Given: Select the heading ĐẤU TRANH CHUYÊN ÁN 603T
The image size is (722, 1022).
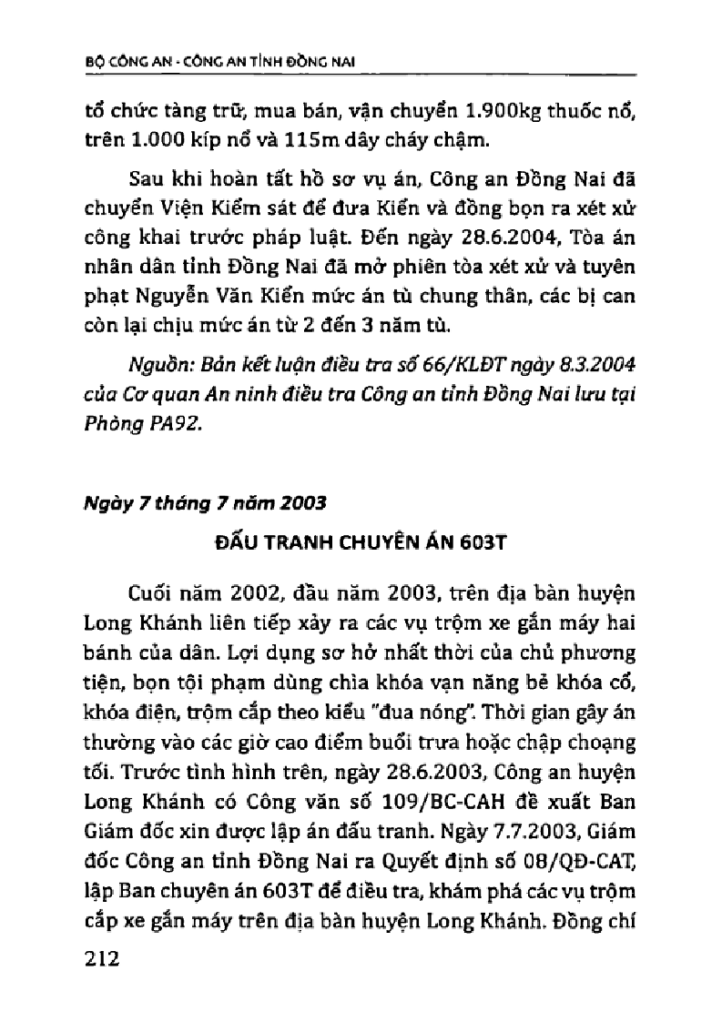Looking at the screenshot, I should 361,543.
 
